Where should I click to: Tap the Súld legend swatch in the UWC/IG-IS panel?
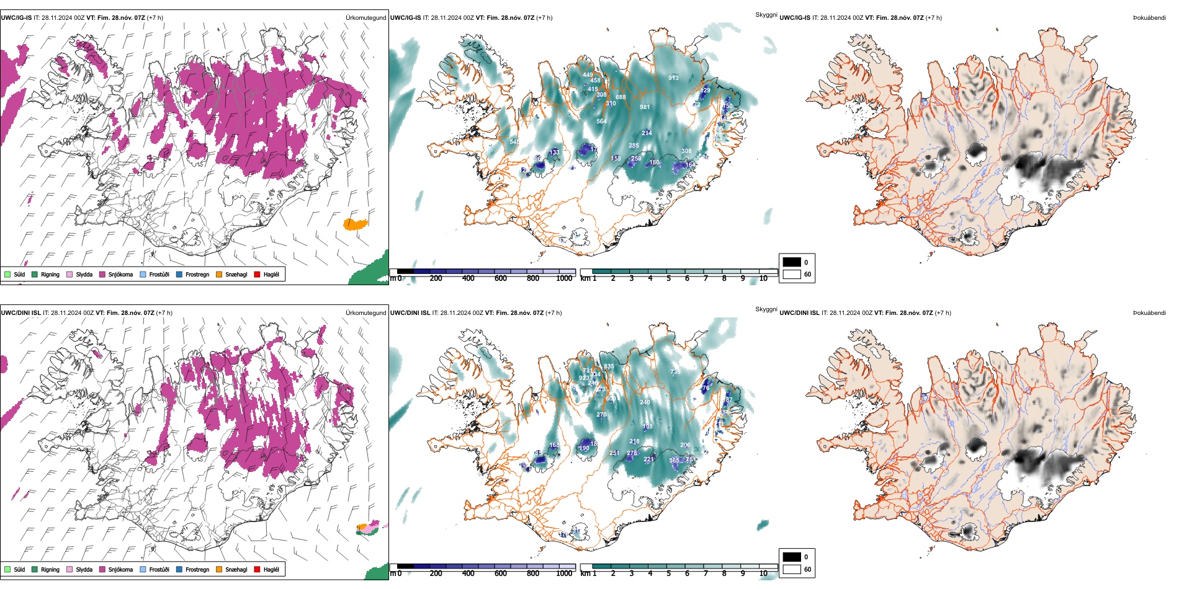tap(7, 274)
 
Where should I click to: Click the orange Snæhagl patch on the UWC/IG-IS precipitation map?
tap(355, 224)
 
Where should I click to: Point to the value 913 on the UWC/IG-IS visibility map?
tap(673, 78)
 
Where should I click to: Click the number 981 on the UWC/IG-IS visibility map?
tap(645, 107)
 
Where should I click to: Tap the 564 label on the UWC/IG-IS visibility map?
tap(601, 122)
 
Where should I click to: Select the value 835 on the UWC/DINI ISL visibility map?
tap(609, 366)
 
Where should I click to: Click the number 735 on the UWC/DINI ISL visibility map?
tap(675, 372)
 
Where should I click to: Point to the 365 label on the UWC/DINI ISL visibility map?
tap(674, 460)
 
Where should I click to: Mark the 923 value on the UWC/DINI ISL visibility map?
tap(584, 378)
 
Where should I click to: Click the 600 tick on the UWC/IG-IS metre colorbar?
tap(501, 278)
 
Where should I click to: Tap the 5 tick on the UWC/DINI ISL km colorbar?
tap(669, 573)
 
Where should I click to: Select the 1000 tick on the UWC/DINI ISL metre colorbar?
tap(564, 573)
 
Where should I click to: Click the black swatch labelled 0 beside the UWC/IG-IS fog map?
tap(792, 262)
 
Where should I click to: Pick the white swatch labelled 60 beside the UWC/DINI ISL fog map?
tap(792, 569)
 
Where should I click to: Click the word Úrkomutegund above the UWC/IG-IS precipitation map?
tap(365, 18)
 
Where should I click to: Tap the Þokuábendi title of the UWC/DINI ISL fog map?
tap(1149, 313)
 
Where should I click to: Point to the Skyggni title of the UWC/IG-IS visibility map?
tap(766, 15)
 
